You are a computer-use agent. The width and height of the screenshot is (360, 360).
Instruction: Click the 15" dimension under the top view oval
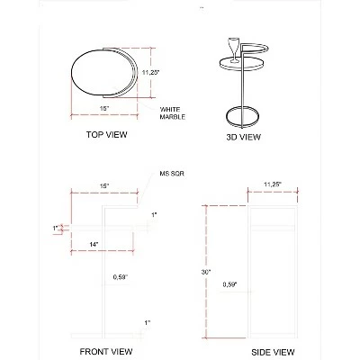(104, 107)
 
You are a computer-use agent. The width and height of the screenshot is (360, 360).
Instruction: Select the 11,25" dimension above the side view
(274, 184)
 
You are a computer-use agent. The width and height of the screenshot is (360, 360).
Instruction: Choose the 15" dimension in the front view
(104, 184)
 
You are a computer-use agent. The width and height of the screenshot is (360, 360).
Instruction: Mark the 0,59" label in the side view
(229, 285)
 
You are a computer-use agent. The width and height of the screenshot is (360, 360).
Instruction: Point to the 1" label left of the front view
(55, 228)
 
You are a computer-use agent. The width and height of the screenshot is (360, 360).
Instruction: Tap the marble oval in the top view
(102, 69)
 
